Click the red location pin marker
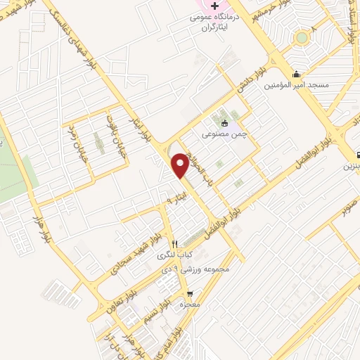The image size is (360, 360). pos(181,165)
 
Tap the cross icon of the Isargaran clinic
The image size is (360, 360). pos(216,15)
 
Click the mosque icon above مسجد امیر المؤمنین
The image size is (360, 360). pos(297,74)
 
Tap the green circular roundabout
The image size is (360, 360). pos(302,37)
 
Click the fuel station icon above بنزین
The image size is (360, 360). pos(358,154)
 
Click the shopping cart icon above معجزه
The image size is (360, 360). pos(188,293)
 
